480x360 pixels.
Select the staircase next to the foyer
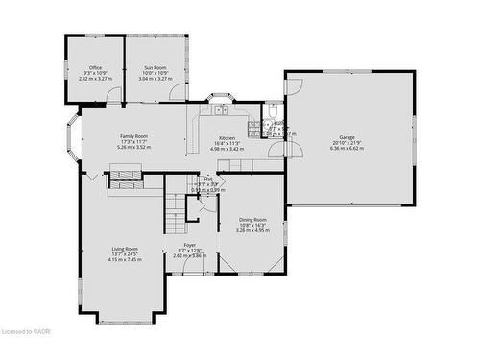[175, 212]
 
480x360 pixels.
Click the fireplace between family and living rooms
[125, 173]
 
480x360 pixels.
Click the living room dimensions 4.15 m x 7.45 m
[125, 260]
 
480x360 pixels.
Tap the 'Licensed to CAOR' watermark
[27, 352]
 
